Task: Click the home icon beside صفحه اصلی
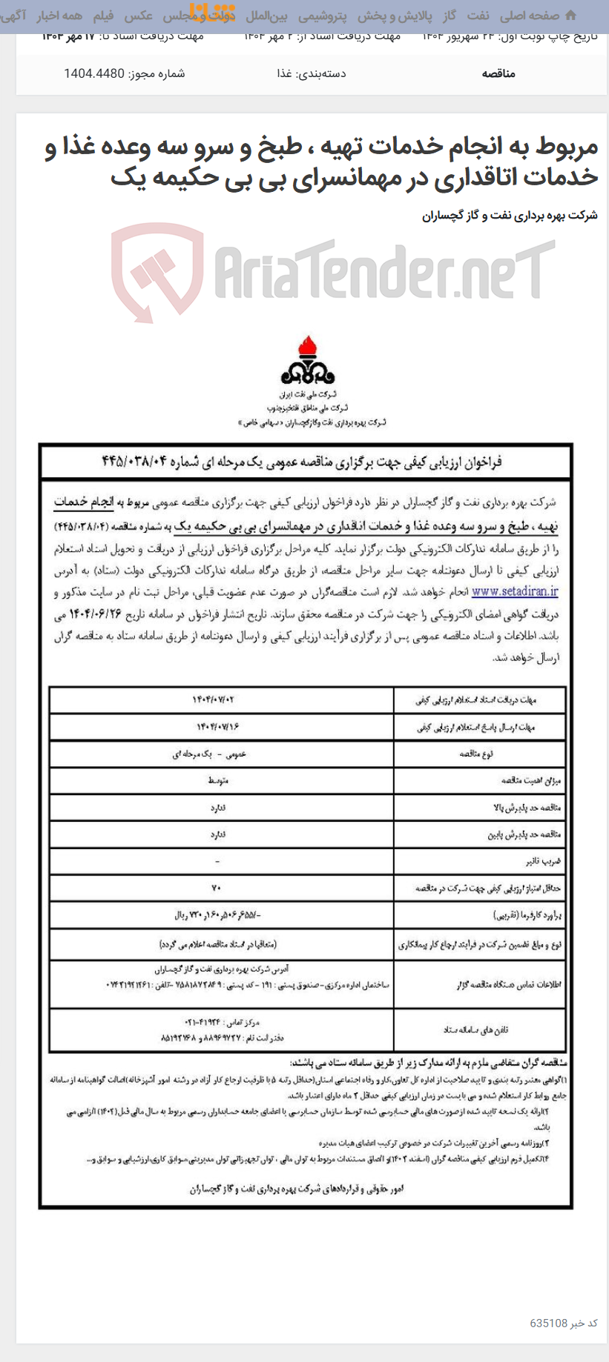(570, 16)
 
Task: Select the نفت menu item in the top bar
(478, 16)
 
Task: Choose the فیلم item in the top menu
(103, 16)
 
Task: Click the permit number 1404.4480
(94, 73)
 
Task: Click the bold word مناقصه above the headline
(498, 73)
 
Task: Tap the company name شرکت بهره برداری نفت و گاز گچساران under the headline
(510, 216)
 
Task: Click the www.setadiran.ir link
(515, 591)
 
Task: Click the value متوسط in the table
(217, 780)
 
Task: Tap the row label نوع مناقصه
(476, 754)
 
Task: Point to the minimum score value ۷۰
(216, 888)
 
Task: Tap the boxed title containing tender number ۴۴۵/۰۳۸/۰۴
(305, 462)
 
